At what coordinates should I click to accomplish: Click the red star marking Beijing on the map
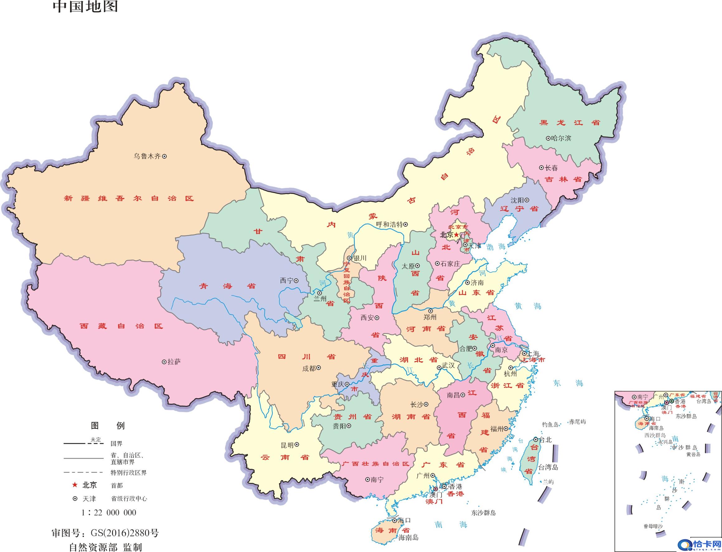[456, 235]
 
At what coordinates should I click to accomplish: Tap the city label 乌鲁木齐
[147, 156]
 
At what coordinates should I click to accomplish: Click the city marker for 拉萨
[164, 362]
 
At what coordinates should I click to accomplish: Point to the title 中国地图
[85, 7]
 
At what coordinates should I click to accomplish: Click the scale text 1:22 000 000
[109, 512]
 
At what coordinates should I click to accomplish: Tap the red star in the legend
[75, 485]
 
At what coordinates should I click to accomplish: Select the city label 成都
[309, 368]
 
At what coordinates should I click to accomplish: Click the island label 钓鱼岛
[550, 425]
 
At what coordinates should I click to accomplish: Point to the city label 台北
[545, 440]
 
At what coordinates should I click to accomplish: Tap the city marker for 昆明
[297, 444]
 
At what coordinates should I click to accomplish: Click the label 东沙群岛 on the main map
[483, 513]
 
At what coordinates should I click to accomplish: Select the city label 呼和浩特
[389, 224]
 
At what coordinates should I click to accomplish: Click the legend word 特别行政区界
[129, 473]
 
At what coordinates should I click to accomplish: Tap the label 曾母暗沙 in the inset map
[653, 535]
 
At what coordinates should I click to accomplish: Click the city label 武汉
[448, 365]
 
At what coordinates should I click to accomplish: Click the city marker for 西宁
[296, 281]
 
